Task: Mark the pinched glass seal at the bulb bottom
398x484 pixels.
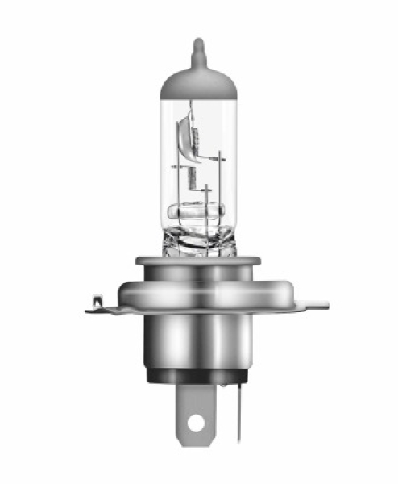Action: [198, 240]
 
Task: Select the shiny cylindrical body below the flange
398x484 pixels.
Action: [198, 339]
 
